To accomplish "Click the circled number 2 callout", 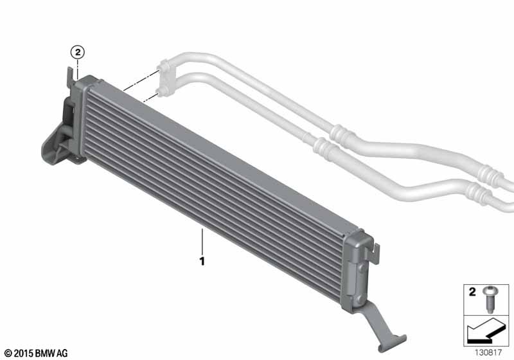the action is [x=77, y=52].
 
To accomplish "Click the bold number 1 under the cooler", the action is [x=202, y=261].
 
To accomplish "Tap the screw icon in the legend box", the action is [x=490, y=300].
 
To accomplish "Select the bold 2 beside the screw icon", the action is [x=472, y=292].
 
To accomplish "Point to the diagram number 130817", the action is [x=488, y=352].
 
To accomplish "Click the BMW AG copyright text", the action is [x=36, y=353].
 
